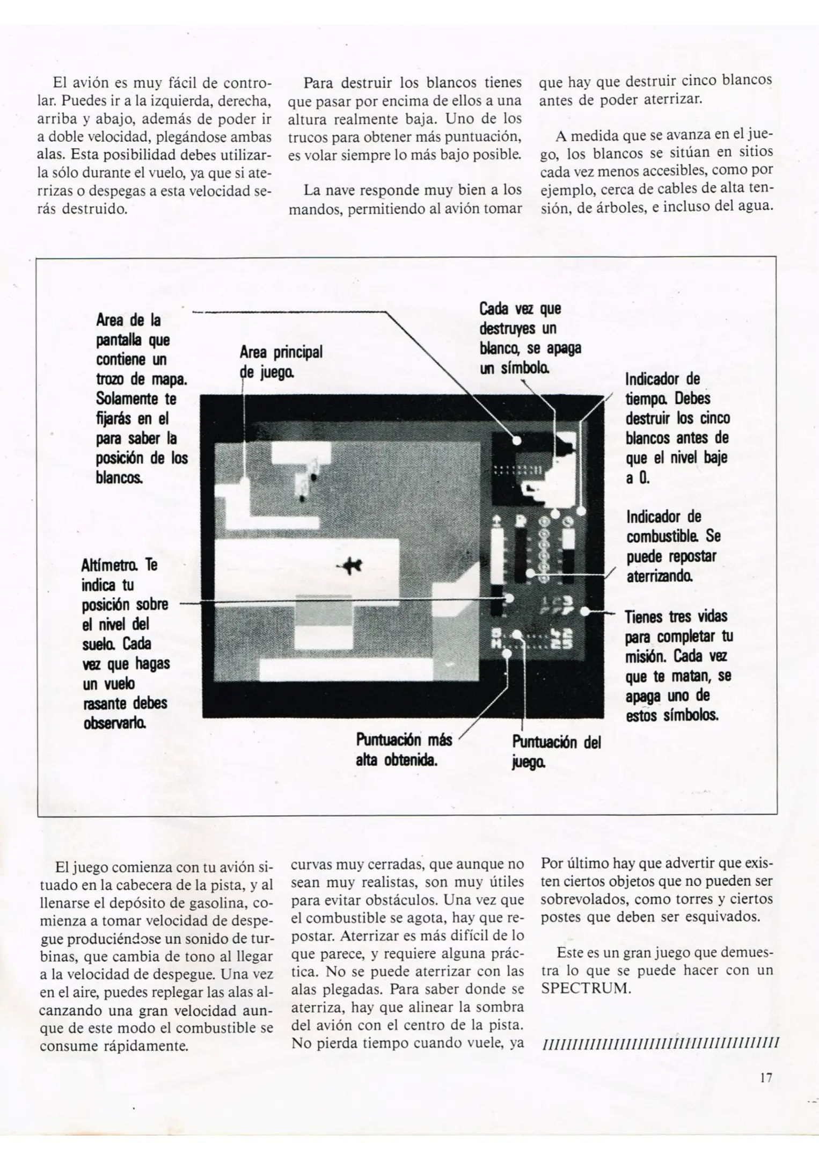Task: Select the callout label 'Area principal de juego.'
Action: pyautogui.click(x=280, y=361)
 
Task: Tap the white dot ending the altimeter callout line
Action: pyautogui.click(x=509, y=598)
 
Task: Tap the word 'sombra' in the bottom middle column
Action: pyautogui.click(x=494, y=1008)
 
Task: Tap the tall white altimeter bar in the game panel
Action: pyautogui.click(x=496, y=559)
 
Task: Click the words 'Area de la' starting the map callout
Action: pyautogui.click(x=128, y=320)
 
